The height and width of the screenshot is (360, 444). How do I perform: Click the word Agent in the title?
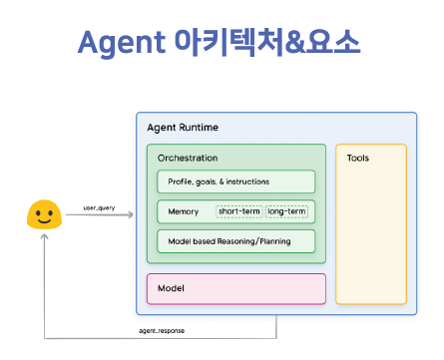tap(122, 43)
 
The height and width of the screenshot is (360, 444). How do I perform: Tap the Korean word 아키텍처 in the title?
tap(229, 42)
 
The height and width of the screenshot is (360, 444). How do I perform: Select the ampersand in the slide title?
tap(294, 42)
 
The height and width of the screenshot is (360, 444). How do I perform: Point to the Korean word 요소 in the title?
tap(333, 42)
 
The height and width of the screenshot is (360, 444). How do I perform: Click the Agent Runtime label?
tap(183, 128)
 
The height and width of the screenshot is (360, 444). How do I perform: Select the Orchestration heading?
tap(188, 158)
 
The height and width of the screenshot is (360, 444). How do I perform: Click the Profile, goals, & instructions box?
tap(236, 181)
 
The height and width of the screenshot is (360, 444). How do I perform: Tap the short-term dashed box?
tap(239, 211)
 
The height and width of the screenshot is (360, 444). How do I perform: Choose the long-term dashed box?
tap(286, 211)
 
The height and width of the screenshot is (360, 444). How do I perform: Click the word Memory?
tap(184, 211)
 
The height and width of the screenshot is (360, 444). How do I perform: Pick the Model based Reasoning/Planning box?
tap(236, 241)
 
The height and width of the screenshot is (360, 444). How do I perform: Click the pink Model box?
tap(236, 289)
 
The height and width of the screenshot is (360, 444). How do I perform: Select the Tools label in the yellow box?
tap(358, 158)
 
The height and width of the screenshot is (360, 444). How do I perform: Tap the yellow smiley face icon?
tap(44, 214)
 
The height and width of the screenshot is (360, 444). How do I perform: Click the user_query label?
tap(99, 208)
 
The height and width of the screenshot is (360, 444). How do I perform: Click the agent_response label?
tap(162, 331)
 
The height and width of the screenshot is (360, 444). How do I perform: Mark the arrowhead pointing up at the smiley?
tap(44, 236)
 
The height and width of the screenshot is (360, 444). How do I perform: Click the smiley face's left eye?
tap(37, 213)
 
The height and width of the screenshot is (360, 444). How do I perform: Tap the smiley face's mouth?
tap(44, 220)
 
